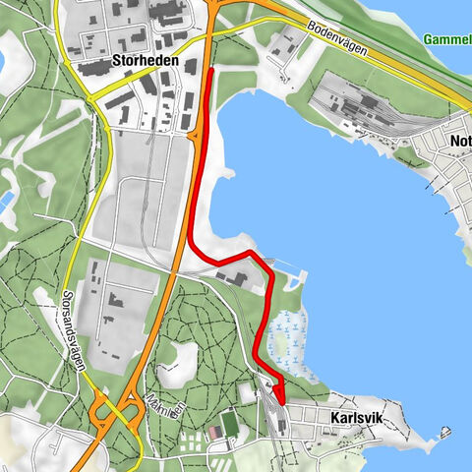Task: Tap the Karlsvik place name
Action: coord(350,420)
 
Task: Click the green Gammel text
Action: coord(447,39)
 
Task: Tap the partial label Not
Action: coord(459,141)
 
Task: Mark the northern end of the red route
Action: coord(212,71)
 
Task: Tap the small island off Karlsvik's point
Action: coord(447,431)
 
